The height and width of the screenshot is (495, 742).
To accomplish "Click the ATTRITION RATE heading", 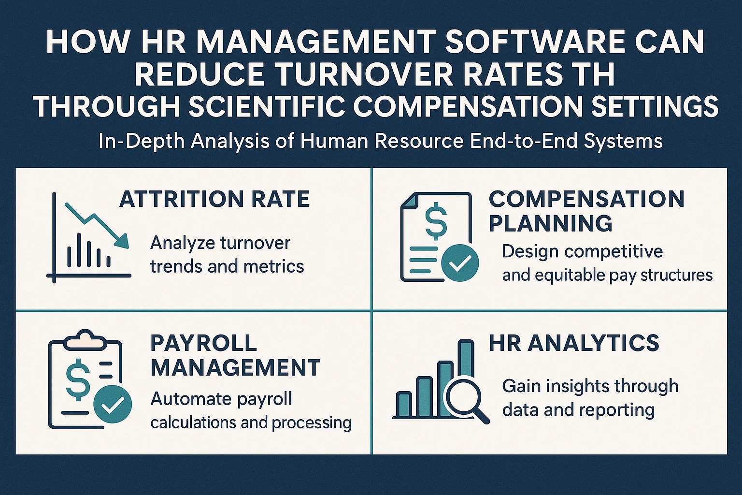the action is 214,199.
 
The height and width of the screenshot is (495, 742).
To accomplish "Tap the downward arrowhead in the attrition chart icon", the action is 122,241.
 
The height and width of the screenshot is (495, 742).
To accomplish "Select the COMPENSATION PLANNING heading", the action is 586,211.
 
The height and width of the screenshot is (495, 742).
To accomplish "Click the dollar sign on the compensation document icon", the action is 436,221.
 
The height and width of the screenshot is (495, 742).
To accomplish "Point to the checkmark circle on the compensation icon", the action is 460,263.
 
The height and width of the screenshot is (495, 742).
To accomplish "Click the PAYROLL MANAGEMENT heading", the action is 235,355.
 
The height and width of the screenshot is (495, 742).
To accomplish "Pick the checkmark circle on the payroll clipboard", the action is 113,404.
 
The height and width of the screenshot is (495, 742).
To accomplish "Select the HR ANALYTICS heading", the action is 574,343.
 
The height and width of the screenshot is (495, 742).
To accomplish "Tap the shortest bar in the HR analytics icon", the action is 404,404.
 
